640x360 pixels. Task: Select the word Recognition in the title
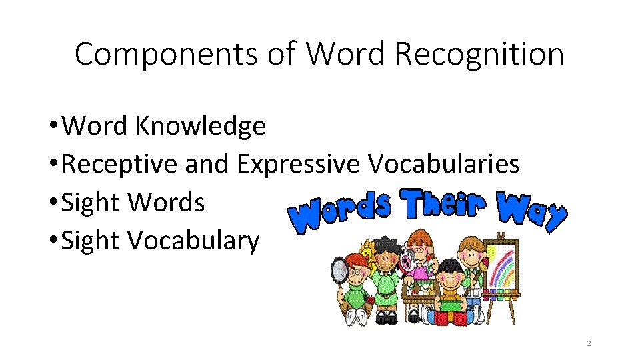tap(480, 54)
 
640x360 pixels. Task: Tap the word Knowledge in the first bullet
tap(200, 125)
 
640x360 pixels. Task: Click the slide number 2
tap(589, 343)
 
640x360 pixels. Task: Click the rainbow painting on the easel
tap(503, 267)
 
